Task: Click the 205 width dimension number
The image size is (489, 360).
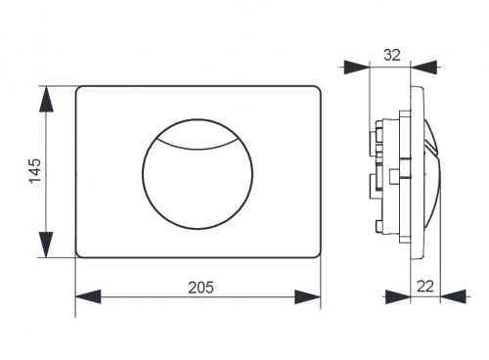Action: pos(200,288)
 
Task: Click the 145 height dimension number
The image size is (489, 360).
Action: pos(35,171)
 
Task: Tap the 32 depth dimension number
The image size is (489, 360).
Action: pos(391,55)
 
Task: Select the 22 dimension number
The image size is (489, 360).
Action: pos(425,287)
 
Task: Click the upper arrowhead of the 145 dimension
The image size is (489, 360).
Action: pos(46,99)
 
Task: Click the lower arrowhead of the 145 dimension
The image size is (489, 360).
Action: pos(46,245)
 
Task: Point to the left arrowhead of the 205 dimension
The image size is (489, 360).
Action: pos(88,296)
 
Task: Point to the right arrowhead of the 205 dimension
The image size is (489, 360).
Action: pos(307,296)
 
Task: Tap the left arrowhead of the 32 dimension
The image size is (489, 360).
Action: pos(356,67)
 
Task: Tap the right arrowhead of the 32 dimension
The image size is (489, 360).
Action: pos(423,67)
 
